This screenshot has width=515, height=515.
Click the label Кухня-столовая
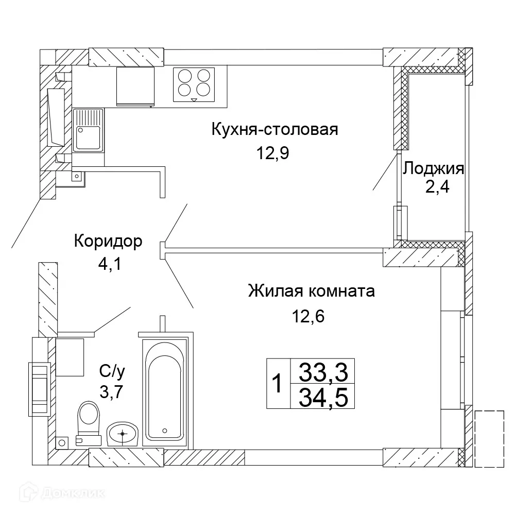coord(274,129)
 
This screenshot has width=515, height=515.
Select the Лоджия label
coord(434,168)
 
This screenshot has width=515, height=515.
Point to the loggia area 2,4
coord(437,186)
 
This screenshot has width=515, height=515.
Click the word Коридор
coord(108,241)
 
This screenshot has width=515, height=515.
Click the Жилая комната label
coord(311,291)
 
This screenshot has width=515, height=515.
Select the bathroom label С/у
coord(112,370)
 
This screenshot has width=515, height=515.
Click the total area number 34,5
coord(323,397)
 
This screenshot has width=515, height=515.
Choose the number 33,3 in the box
coord(323,371)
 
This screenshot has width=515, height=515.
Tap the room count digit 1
coord(278,384)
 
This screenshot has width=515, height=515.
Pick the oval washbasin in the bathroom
coord(123,434)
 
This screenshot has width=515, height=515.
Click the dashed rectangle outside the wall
coord(489,438)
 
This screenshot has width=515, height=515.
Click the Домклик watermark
coord(54,493)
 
